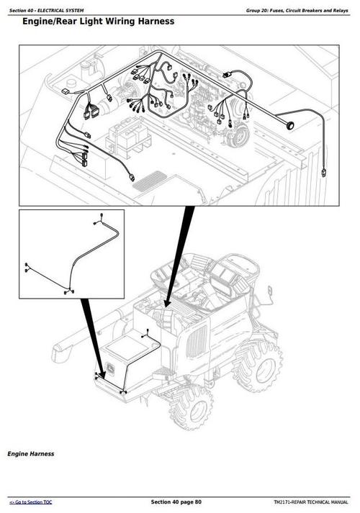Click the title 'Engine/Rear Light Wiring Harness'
[x=98, y=22]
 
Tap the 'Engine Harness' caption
[x=30, y=454]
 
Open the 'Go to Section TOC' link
[x=30, y=501]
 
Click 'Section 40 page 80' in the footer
[x=176, y=501]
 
